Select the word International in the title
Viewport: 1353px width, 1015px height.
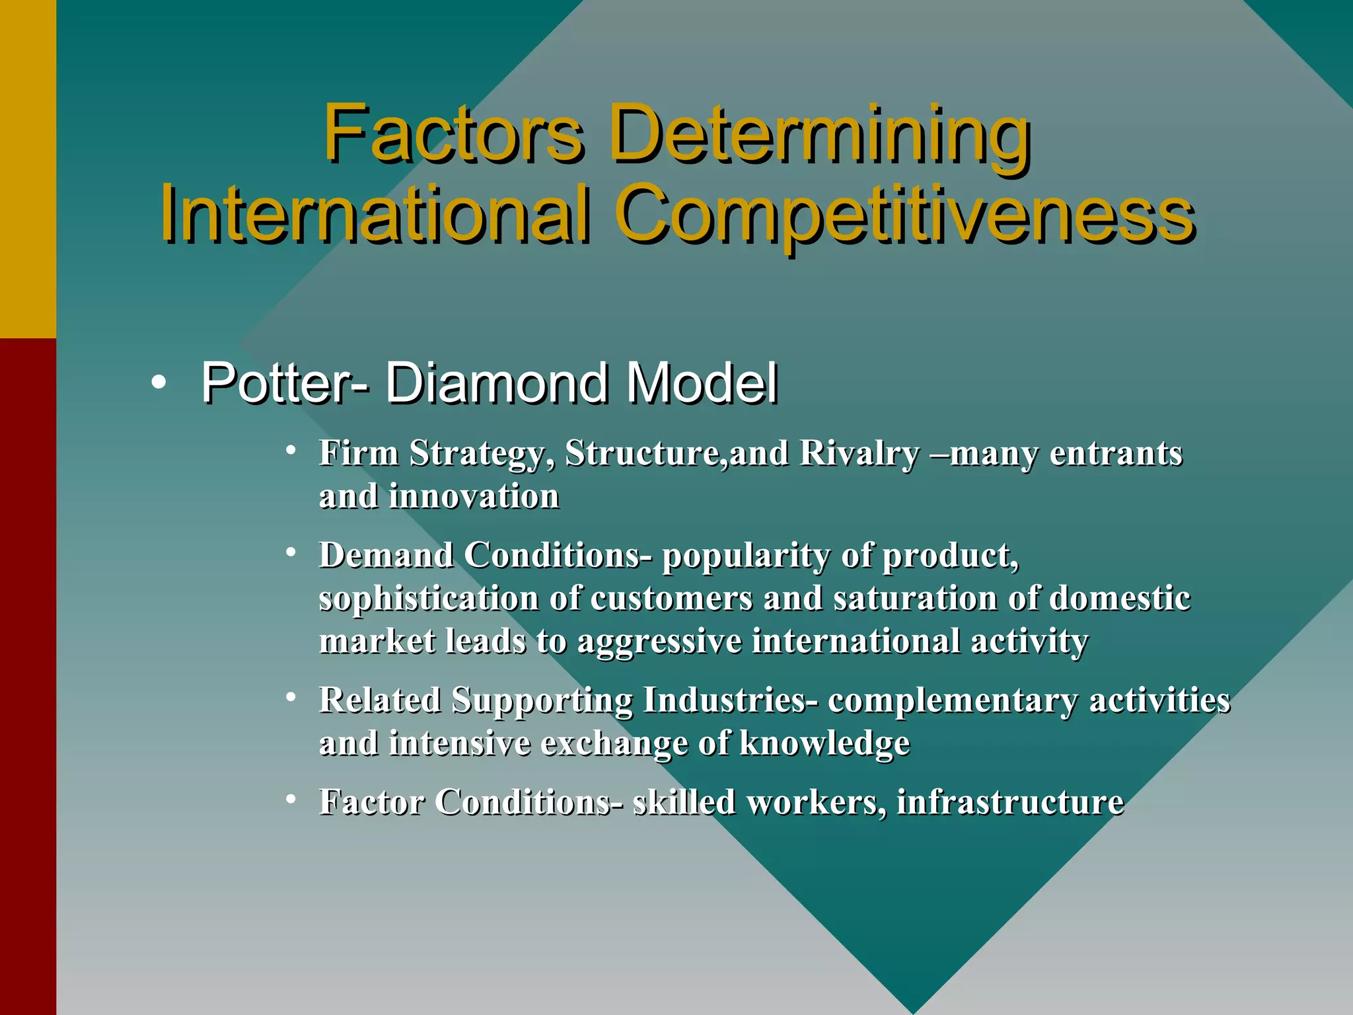click(375, 213)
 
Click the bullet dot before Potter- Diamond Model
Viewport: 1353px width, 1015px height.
click(158, 383)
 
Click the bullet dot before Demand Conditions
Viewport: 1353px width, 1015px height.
click(291, 552)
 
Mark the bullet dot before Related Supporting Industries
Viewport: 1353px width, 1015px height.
click(291, 696)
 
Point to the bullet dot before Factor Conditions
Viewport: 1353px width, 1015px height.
click(291, 799)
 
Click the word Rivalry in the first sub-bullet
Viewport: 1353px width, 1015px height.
click(859, 454)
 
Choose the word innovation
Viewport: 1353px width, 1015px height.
click(474, 497)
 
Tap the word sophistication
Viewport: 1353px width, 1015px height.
click(429, 599)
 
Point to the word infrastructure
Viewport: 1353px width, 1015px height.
click(1010, 803)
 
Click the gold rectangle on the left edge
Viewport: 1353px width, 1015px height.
click(28, 169)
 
